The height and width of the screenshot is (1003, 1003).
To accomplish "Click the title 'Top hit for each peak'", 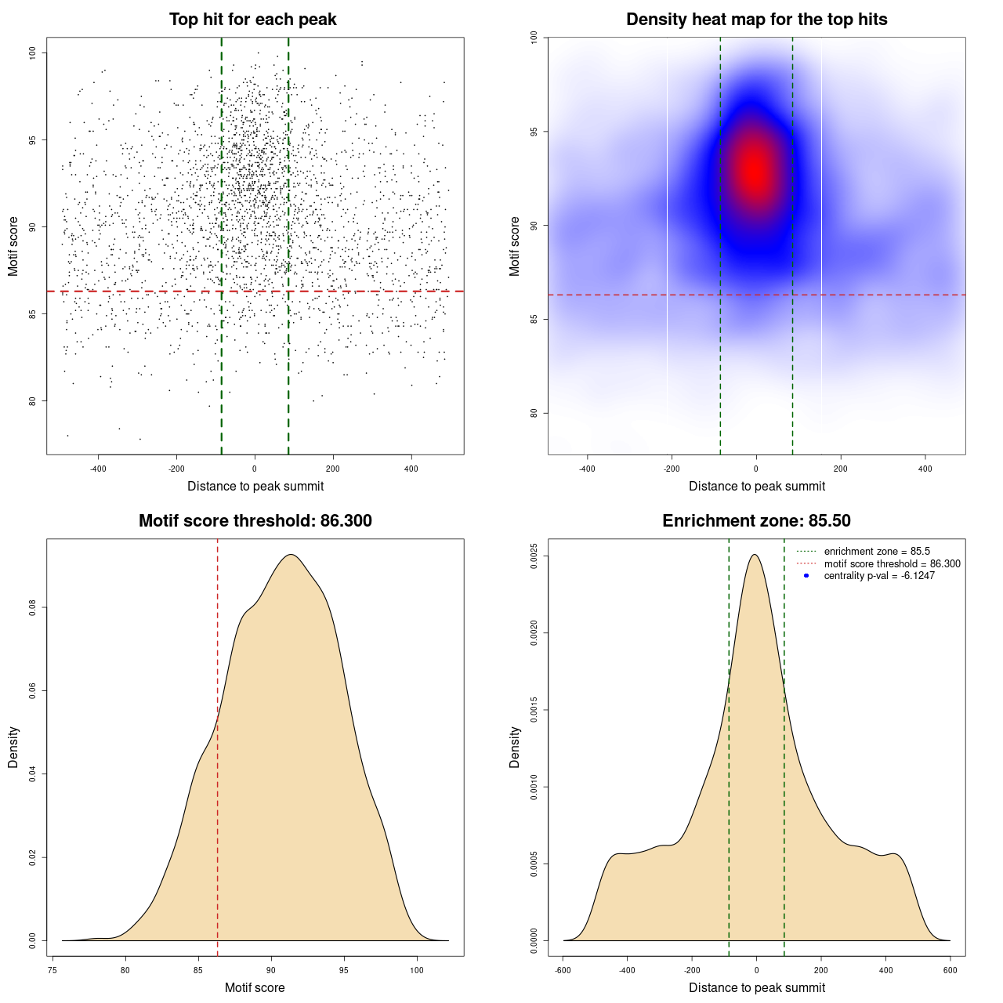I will (253, 20).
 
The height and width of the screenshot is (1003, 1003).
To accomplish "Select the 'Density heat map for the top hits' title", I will (756, 20).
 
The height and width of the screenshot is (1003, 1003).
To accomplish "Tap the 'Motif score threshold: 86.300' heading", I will (255, 521).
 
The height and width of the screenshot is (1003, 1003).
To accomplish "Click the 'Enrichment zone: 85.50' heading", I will (756, 521).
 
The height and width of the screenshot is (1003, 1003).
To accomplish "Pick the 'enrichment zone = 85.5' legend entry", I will (877, 552).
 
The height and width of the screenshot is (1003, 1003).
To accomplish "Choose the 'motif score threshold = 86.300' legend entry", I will (892, 563).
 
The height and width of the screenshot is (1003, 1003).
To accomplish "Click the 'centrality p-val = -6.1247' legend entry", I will (879, 576).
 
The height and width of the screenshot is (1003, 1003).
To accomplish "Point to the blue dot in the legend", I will (806, 576).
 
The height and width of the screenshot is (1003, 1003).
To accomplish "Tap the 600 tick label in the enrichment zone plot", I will (950, 970).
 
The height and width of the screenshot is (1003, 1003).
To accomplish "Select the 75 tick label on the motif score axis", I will (52, 970).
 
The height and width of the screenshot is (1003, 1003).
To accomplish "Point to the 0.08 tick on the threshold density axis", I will (32, 607).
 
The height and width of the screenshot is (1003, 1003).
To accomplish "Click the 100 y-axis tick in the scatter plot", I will (32, 53).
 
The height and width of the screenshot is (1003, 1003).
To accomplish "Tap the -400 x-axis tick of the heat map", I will (587, 469).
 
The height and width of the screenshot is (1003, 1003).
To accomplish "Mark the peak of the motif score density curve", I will (291, 555).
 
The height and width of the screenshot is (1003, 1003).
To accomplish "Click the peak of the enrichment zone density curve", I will (755, 555).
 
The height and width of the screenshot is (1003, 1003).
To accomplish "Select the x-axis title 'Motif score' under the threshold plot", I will (255, 987).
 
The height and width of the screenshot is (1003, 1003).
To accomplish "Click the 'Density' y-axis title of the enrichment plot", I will (515, 747).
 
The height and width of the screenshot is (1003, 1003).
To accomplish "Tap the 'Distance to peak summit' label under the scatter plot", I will (255, 486).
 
